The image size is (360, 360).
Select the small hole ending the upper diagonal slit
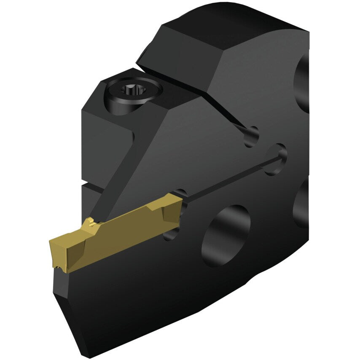point(252,136)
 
